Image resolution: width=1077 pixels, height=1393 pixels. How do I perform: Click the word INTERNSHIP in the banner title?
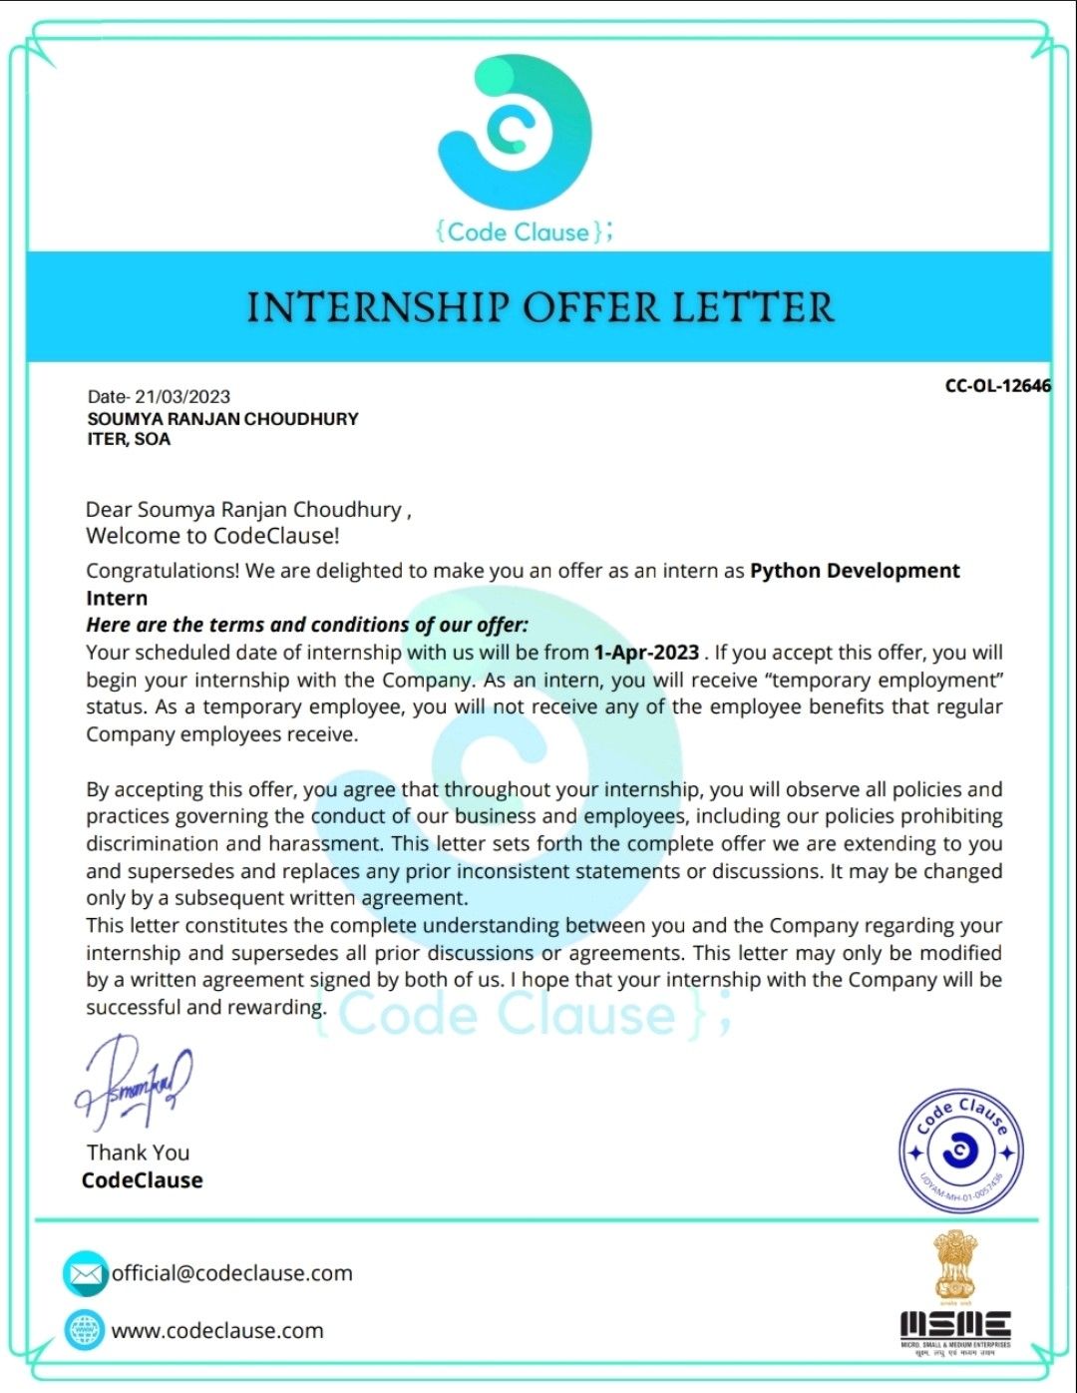(378, 307)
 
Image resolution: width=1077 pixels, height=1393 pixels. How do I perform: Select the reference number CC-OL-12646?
(997, 386)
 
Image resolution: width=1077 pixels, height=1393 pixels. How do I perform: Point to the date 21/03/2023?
(189, 397)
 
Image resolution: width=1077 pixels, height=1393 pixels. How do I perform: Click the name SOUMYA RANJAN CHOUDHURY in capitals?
(222, 419)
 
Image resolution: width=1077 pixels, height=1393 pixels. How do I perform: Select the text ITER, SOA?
(129, 439)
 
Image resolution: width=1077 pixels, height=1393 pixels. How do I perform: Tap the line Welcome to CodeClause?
(212, 536)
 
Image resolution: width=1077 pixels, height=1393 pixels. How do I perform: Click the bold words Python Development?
(855, 571)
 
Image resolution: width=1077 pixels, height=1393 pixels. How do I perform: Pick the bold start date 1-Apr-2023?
(646, 653)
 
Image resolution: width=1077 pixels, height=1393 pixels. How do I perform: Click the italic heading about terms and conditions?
(307, 625)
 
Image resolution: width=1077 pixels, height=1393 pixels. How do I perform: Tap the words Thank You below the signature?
(138, 1153)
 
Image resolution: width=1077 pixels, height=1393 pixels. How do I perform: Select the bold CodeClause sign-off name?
(142, 1180)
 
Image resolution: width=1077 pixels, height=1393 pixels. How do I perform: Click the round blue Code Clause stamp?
(960, 1151)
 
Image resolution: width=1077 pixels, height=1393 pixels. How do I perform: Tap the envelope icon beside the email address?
(85, 1274)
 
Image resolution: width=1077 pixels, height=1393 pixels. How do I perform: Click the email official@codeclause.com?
(231, 1273)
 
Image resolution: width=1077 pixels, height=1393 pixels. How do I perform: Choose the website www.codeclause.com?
(217, 1330)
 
